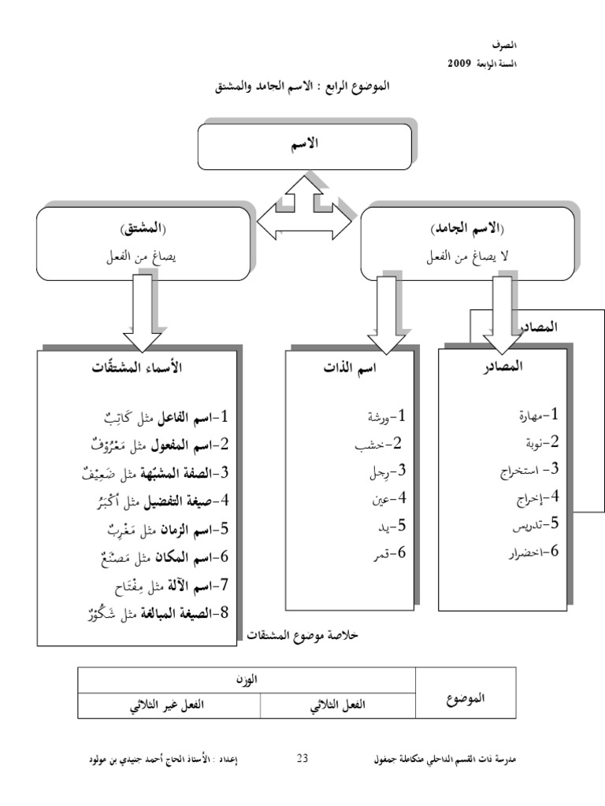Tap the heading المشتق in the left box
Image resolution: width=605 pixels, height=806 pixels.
pos(139,230)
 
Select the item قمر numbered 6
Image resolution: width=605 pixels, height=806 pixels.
pos(386,553)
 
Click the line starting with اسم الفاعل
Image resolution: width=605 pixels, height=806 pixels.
pos(165,416)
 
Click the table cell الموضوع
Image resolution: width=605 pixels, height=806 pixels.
pos(466,697)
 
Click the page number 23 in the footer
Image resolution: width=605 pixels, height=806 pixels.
pos(302,760)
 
